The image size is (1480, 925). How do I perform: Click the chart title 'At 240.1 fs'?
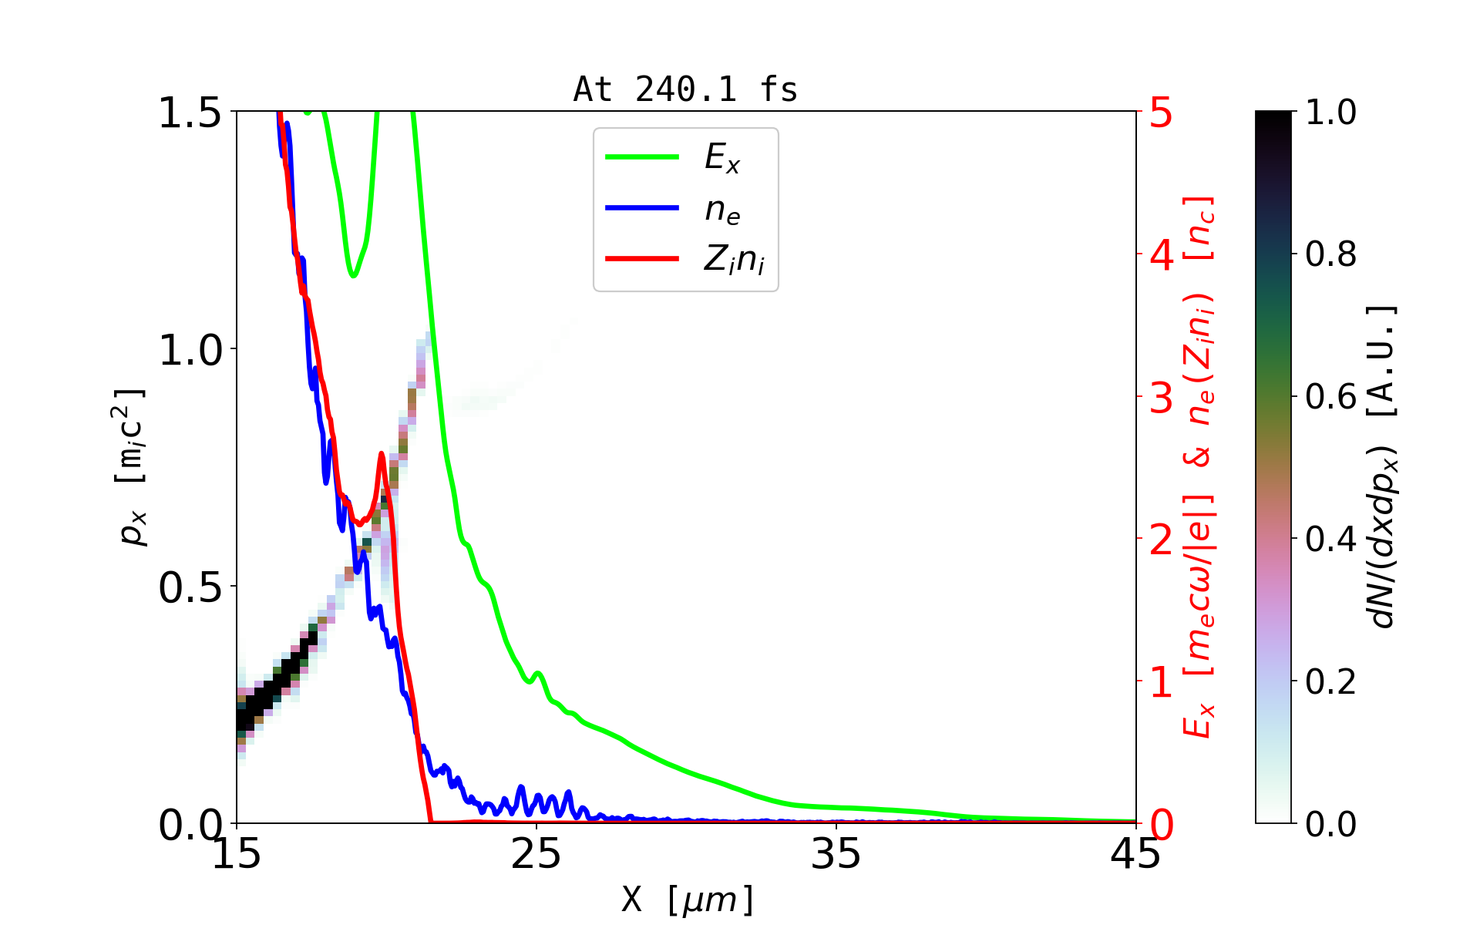click(685, 89)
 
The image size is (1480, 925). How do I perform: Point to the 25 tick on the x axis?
click(536, 854)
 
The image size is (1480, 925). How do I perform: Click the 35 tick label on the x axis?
click(836, 854)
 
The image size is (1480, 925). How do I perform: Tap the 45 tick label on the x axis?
click(1135, 854)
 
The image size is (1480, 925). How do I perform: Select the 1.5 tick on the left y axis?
click(190, 113)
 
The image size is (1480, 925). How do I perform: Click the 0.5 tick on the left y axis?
click(190, 588)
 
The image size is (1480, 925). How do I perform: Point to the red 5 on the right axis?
click(1161, 113)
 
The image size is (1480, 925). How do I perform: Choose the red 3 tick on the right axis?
click(1161, 398)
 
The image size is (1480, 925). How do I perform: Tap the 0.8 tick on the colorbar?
click(1330, 254)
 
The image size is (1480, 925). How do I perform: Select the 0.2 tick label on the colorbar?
click(1330, 681)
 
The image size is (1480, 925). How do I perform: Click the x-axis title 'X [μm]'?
click(688, 899)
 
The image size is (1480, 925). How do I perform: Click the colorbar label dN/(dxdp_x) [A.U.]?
click(1384, 466)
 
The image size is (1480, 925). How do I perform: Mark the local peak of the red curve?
click(382, 454)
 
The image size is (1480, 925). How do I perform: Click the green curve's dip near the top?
click(353, 275)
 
